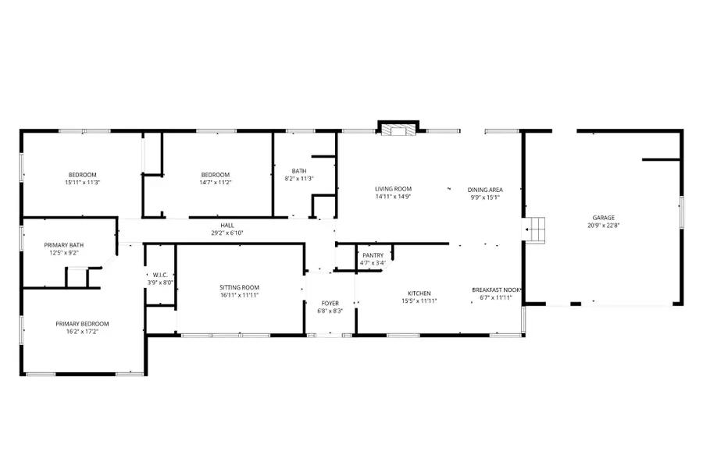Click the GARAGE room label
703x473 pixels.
pyautogui.click(x=603, y=218)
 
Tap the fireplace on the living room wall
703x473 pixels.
pyautogui.click(x=398, y=129)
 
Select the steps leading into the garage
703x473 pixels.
pyautogui.click(x=536, y=229)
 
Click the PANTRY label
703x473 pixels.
pyautogui.click(x=373, y=255)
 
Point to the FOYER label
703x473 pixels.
pyautogui.click(x=330, y=303)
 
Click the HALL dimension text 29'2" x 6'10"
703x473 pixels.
pyautogui.click(x=227, y=233)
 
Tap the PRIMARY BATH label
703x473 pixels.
pyautogui.click(x=63, y=245)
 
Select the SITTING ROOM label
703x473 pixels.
pyautogui.click(x=239, y=287)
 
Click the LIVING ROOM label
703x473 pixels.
pyautogui.click(x=393, y=189)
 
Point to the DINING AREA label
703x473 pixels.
pyautogui.click(x=484, y=190)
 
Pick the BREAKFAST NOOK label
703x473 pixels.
pyautogui.click(x=495, y=290)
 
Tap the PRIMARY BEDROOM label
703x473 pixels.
pyautogui.click(x=82, y=323)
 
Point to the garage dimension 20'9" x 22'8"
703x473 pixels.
pyautogui.click(x=603, y=226)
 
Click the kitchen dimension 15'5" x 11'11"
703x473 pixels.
pyautogui.click(x=419, y=301)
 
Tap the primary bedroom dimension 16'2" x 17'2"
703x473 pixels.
pyautogui.click(x=82, y=331)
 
